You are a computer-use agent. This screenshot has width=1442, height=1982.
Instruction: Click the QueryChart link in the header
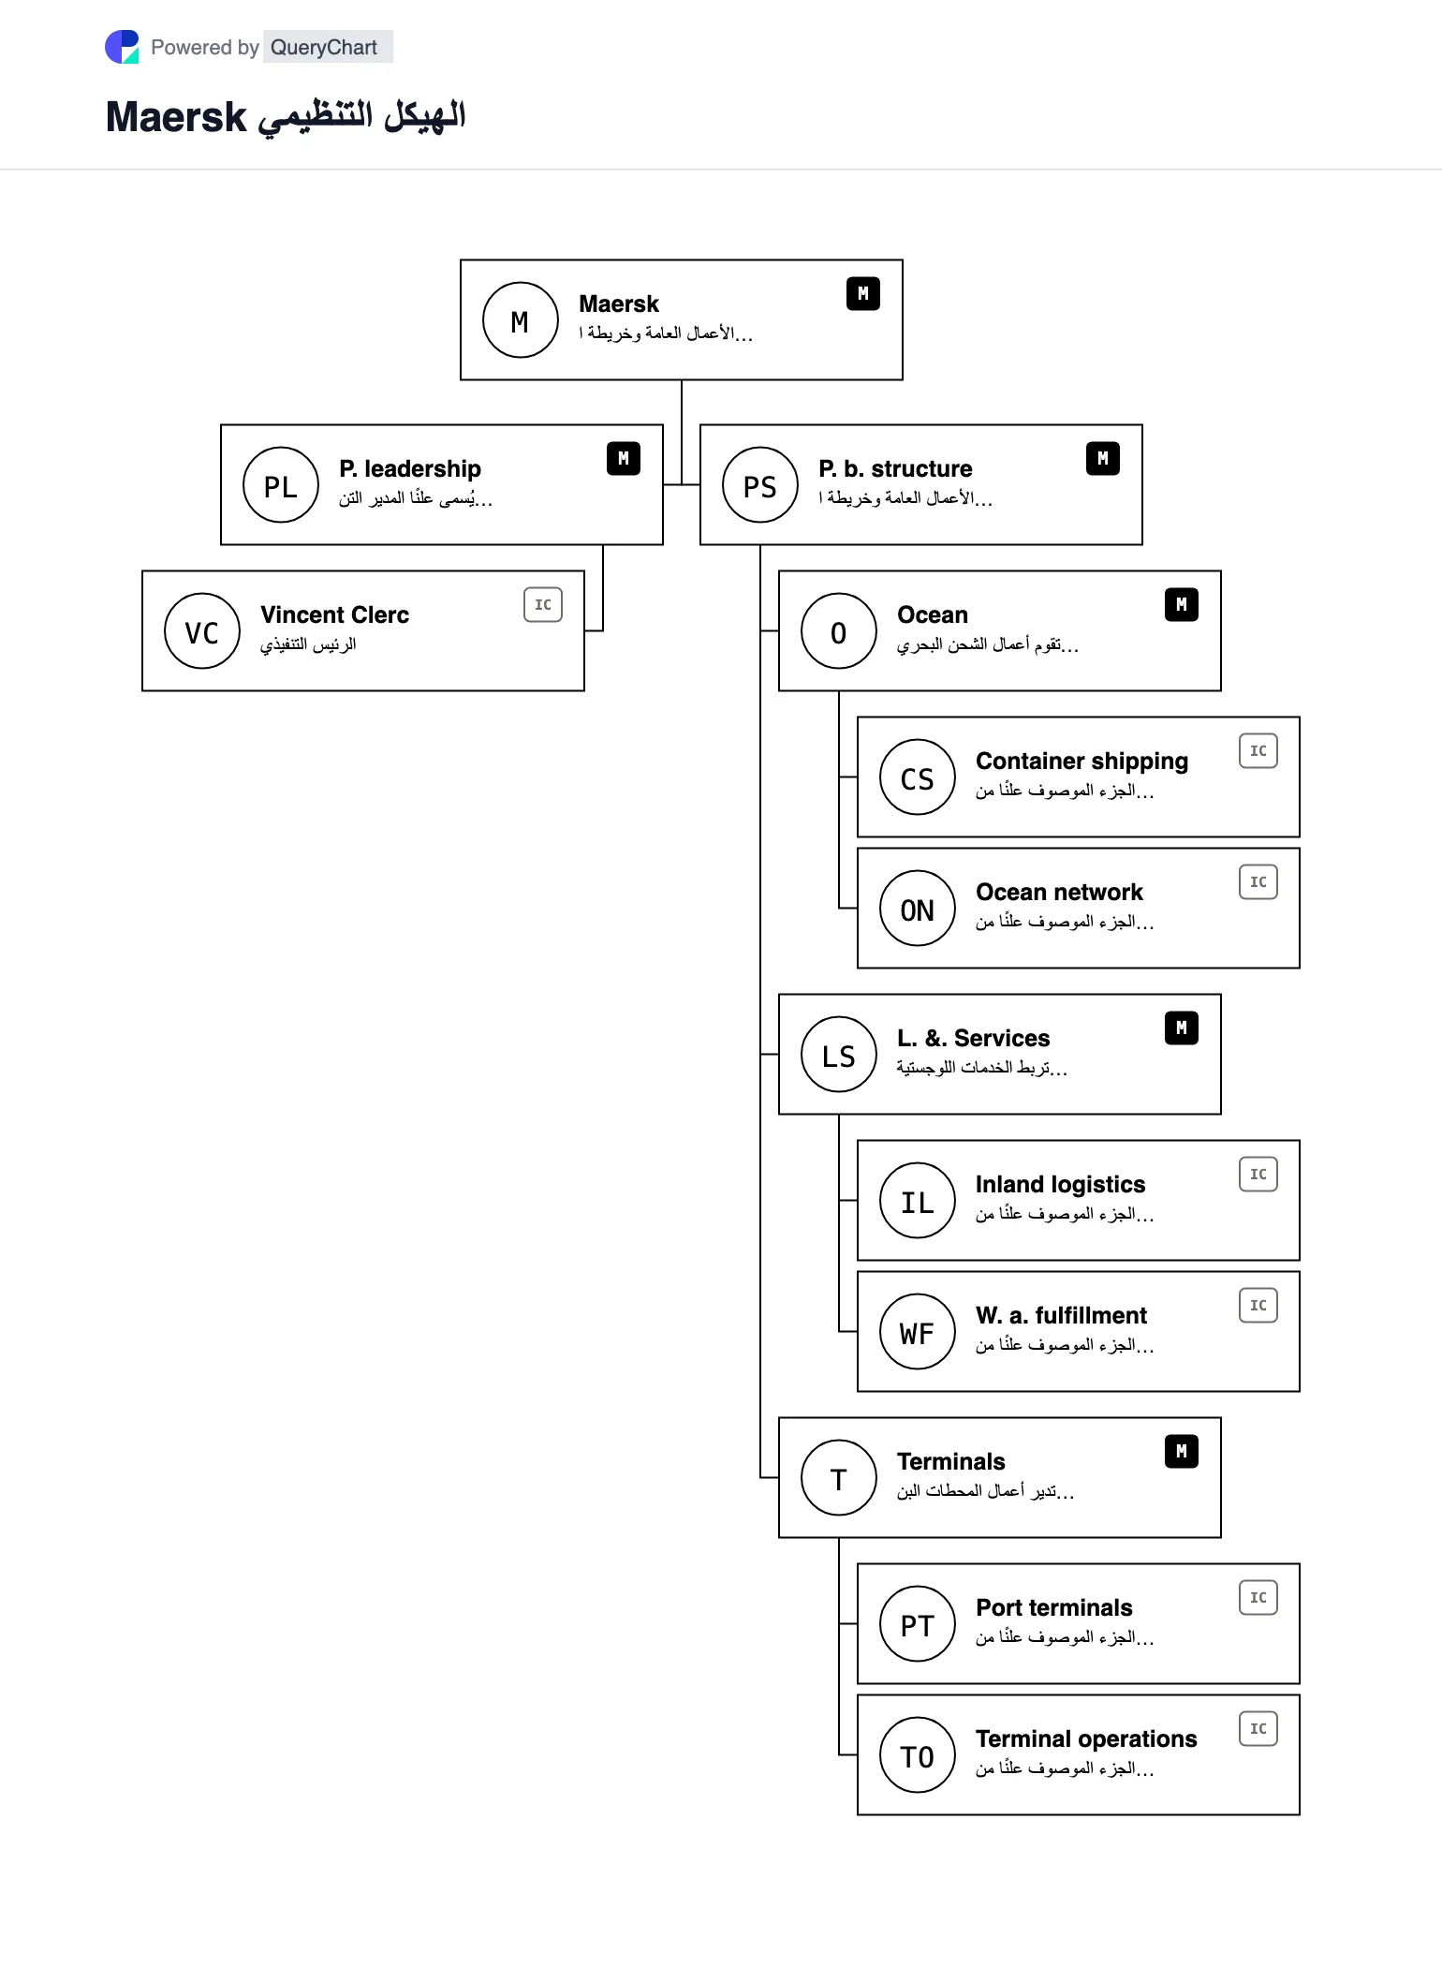[x=324, y=47]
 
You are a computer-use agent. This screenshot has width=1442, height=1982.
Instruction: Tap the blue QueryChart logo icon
[x=122, y=47]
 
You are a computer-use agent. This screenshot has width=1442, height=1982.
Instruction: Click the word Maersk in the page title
[x=176, y=117]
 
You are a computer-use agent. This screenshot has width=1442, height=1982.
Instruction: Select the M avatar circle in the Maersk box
[x=521, y=319]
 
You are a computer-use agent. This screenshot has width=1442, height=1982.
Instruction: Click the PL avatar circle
[x=281, y=484]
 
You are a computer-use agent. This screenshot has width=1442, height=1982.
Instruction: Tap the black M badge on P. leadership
[x=624, y=458]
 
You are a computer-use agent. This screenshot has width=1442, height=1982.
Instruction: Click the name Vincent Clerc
[x=335, y=614]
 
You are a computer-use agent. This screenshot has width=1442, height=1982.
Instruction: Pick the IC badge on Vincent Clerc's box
[x=543, y=605]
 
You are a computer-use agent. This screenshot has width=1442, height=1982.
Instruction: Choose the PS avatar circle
[x=760, y=484]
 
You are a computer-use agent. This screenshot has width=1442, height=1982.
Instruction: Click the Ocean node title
[x=933, y=614]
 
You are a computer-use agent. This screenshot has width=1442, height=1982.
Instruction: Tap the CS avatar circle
[x=918, y=777]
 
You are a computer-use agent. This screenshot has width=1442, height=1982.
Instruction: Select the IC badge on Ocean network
[x=1258, y=882]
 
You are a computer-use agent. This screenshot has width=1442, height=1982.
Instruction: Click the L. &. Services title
[x=974, y=1038]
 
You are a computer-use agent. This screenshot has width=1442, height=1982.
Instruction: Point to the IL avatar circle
[x=918, y=1200]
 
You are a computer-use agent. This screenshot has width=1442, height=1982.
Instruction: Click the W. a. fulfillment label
[x=1062, y=1315]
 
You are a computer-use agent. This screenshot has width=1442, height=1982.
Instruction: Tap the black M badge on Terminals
[x=1182, y=1451]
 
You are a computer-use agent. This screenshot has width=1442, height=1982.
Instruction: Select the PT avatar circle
[x=918, y=1623]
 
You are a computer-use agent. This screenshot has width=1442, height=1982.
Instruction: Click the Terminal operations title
[x=1086, y=1738]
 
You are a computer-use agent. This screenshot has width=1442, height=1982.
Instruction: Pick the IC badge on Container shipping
[x=1258, y=751]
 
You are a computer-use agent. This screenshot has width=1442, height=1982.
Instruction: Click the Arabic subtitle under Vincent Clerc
[x=308, y=644]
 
